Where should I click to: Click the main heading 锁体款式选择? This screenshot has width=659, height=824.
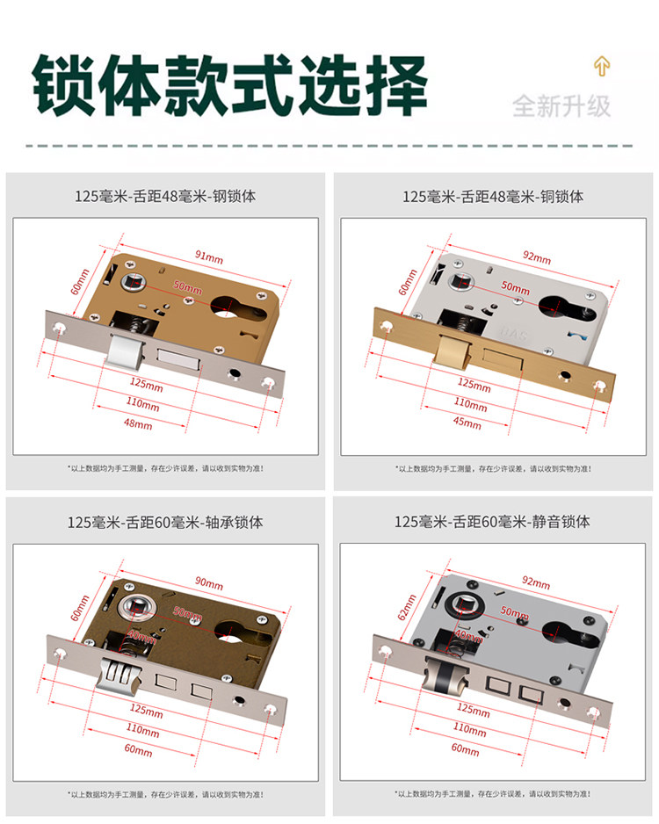point(230,85)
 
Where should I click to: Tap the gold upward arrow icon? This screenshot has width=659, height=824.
point(602,66)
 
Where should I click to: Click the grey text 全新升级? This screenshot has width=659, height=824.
point(561,106)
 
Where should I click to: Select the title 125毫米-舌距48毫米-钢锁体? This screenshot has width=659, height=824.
point(165,197)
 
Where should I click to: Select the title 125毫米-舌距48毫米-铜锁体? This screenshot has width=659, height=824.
point(493,197)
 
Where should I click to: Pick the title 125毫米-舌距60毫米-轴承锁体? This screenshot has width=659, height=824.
point(165,522)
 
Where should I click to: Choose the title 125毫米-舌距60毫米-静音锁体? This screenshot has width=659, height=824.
point(492,522)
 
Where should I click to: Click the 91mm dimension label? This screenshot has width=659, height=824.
point(208,257)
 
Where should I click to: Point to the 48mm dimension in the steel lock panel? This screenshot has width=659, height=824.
point(138,425)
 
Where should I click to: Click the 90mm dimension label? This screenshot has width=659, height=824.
point(208,582)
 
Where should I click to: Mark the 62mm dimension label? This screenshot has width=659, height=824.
point(406,605)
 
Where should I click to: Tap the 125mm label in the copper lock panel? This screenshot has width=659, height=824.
point(474,384)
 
